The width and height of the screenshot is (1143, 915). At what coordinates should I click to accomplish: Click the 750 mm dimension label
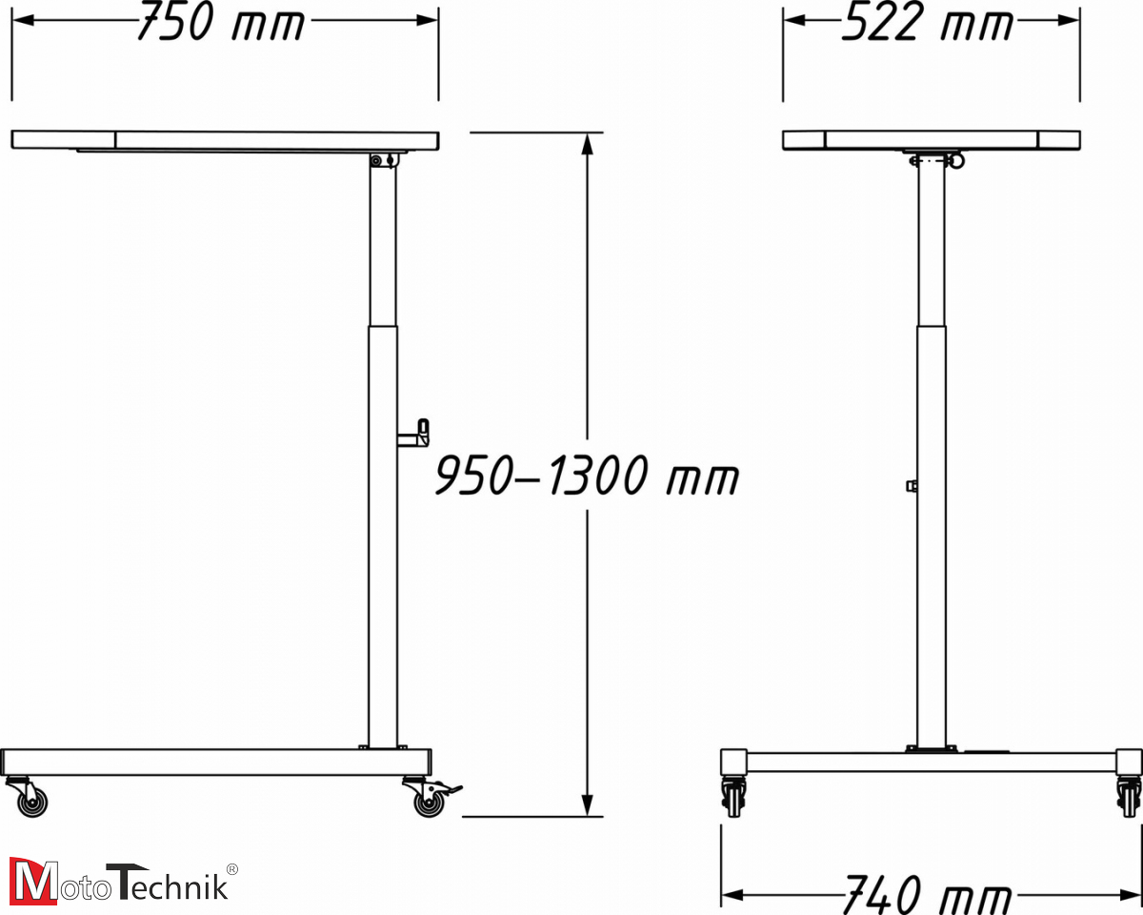(x=220, y=23)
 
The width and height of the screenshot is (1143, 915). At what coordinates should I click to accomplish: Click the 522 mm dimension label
(x=927, y=23)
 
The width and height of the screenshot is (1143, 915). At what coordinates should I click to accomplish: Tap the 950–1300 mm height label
(x=586, y=476)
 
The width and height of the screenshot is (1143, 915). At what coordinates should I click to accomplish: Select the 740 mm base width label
(x=926, y=895)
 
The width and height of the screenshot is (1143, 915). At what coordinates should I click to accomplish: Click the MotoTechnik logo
(x=119, y=882)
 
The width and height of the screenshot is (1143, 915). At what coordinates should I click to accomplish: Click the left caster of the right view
(x=733, y=796)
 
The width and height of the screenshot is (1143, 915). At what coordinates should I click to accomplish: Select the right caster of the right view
(x=1128, y=796)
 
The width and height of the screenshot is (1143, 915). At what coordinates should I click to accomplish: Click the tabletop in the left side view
(x=225, y=140)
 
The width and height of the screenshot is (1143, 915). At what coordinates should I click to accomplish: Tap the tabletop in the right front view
(x=931, y=140)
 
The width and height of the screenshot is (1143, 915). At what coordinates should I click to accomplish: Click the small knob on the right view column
(x=912, y=486)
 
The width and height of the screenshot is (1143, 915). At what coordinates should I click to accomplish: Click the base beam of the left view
(x=215, y=762)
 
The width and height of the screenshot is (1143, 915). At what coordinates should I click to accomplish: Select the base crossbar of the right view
(x=931, y=762)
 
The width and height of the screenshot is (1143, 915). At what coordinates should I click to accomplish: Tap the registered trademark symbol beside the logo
(x=232, y=868)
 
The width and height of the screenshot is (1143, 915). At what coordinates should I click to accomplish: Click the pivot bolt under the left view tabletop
(x=377, y=161)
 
